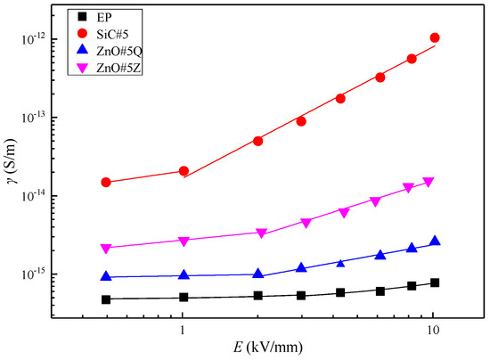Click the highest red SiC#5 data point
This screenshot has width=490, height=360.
pos(435,37)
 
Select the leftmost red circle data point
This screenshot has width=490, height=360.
pos(106,182)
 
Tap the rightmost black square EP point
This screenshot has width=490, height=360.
pos(435,282)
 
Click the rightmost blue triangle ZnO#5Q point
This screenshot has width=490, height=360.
pos(435,241)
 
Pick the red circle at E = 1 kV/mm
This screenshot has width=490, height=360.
pos(184,170)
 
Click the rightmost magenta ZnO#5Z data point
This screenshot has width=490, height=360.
pos(429,182)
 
